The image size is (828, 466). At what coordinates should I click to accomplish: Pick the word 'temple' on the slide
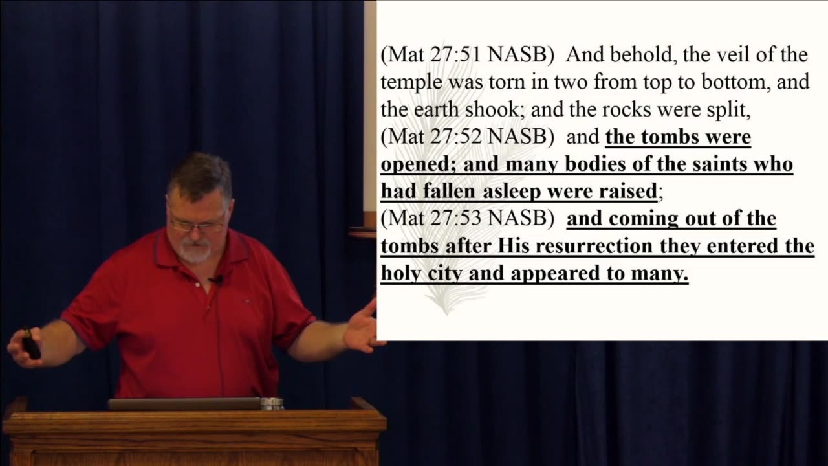411,83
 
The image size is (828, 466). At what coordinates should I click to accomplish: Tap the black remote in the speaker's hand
31,343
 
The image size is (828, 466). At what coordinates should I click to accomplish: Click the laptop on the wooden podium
184,403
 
